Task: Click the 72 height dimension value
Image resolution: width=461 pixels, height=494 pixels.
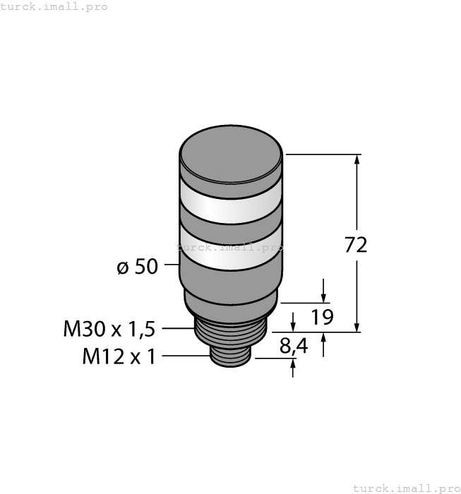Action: click(x=356, y=245)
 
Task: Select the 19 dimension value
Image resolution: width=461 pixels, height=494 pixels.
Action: click(x=322, y=317)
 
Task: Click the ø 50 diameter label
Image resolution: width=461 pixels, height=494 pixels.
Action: click(x=137, y=267)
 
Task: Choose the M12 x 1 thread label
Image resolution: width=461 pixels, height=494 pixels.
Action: click(x=119, y=356)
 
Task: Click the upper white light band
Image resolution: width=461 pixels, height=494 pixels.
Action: click(x=231, y=203)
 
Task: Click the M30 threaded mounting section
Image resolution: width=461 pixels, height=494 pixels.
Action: click(x=231, y=330)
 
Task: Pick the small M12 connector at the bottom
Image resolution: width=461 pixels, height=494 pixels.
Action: click(x=231, y=355)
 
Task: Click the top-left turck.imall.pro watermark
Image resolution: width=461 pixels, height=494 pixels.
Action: click(x=54, y=6)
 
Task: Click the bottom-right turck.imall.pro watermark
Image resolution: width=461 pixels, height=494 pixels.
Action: click(x=405, y=488)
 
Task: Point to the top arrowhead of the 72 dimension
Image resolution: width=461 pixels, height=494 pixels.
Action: click(x=357, y=160)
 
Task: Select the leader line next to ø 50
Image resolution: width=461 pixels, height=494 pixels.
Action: click(x=172, y=266)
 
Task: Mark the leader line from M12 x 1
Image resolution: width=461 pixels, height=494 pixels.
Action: click(x=185, y=356)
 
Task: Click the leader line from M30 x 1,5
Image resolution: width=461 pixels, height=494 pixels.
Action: click(x=177, y=328)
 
